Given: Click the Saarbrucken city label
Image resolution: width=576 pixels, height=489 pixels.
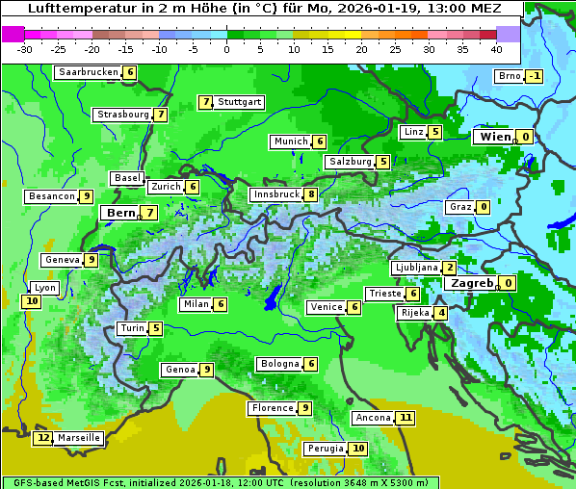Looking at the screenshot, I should click(x=88, y=72).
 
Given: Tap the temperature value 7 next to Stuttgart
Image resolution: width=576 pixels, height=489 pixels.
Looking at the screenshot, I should click(x=205, y=102).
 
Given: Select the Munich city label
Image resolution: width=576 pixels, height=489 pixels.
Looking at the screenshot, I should click(x=290, y=142).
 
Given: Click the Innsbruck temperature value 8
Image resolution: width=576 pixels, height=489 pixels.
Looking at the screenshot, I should click(x=311, y=194).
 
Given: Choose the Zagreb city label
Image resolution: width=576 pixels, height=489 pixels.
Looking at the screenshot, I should click(x=471, y=284).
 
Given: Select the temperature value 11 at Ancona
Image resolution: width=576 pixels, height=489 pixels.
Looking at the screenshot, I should click(x=406, y=418).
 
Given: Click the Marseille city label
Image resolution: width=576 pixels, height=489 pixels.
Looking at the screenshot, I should click(x=79, y=438).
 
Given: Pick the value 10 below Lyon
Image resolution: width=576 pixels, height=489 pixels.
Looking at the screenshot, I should click(x=32, y=301).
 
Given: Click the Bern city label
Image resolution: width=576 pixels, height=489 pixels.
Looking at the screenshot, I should click(x=121, y=213).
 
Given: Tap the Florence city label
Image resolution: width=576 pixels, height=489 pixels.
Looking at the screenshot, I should click(x=272, y=408).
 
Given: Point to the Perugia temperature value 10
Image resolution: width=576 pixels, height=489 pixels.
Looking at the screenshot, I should click(x=358, y=449).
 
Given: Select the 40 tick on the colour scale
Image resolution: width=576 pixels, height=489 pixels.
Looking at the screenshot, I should click(x=496, y=49).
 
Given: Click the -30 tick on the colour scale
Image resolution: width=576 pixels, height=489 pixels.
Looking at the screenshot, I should click(x=25, y=49).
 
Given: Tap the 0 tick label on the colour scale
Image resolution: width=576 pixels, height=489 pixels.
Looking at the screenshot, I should click(x=226, y=49).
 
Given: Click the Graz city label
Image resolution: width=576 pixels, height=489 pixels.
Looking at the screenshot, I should click(x=459, y=207).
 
